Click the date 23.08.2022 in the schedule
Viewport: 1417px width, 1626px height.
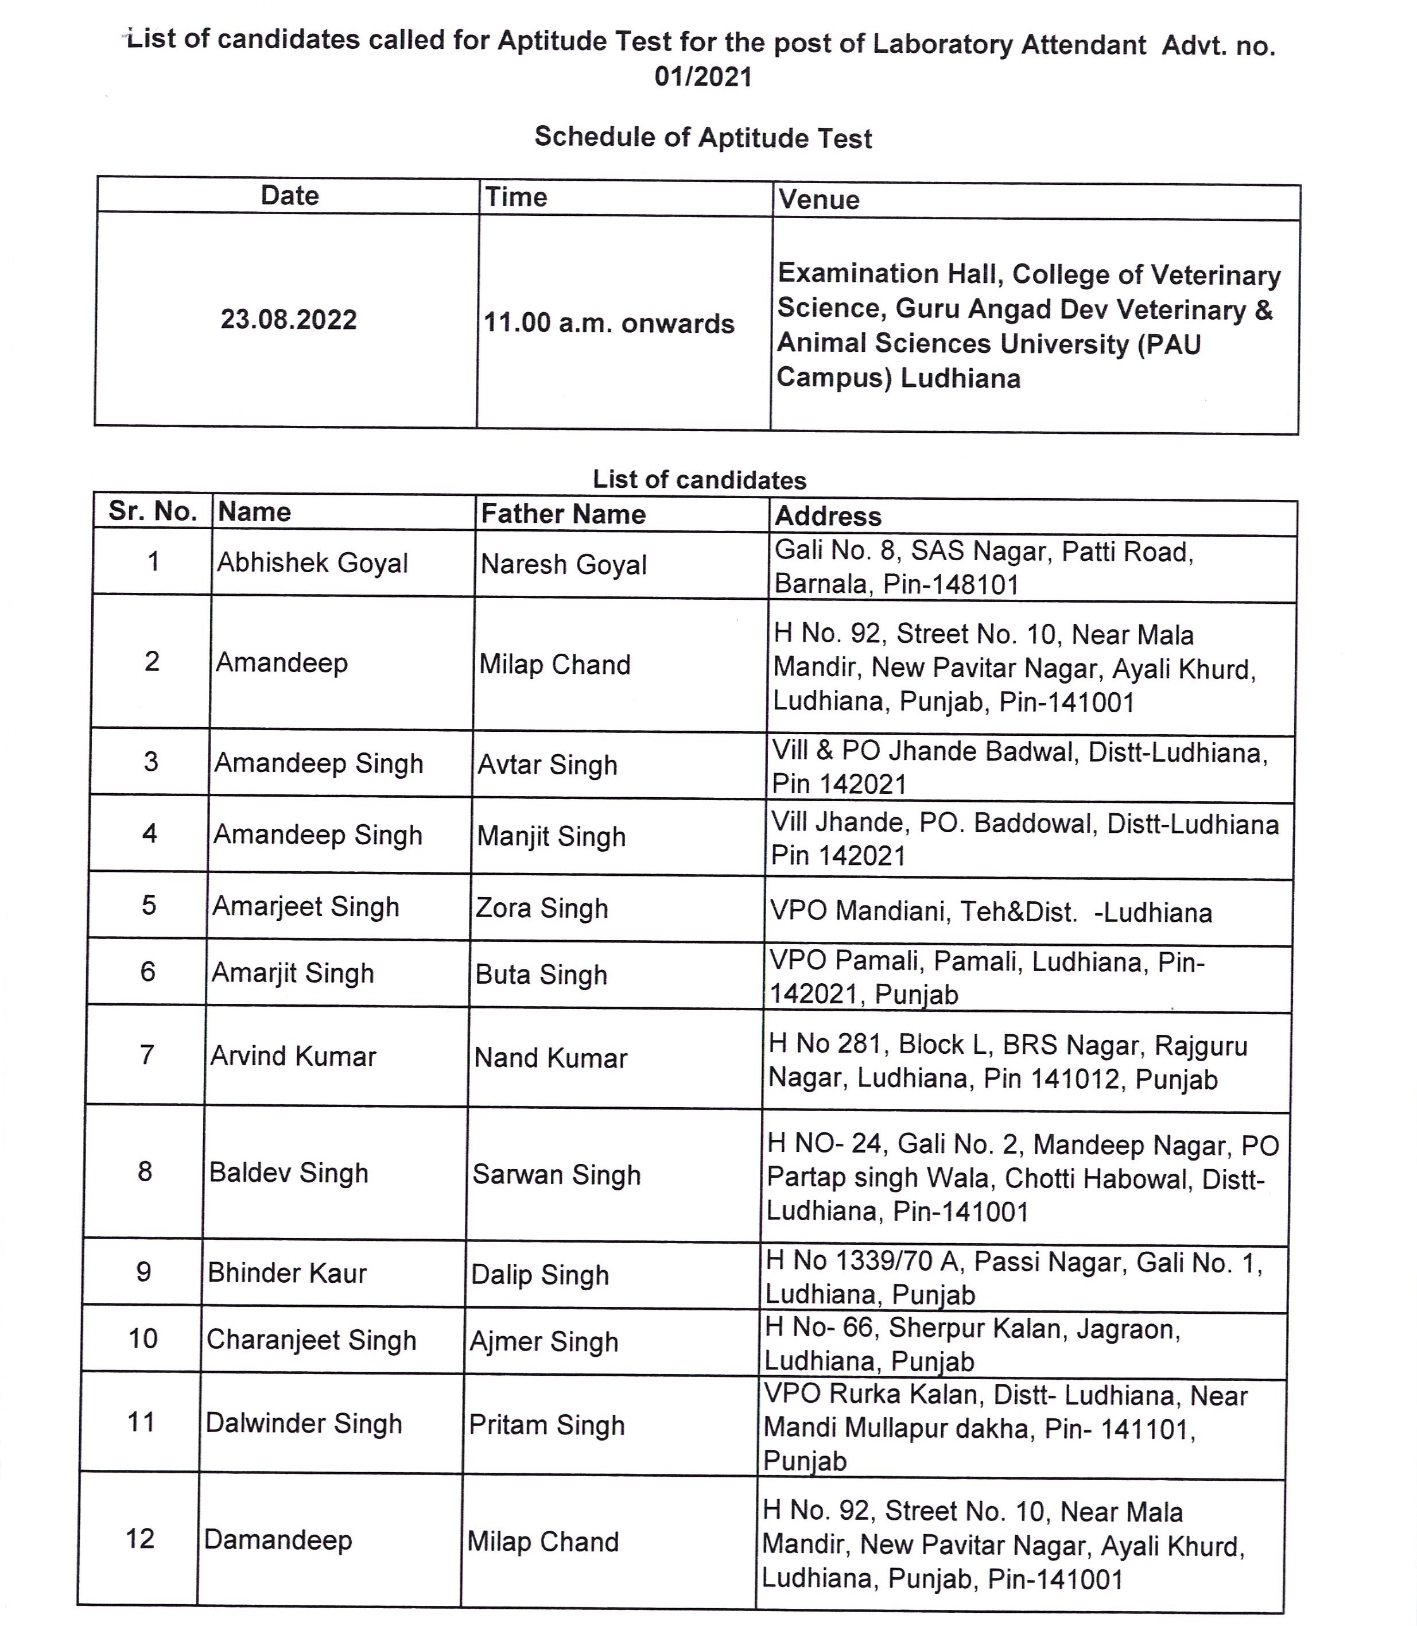[x=289, y=320]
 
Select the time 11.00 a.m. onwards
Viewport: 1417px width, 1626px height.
[x=609, y=324]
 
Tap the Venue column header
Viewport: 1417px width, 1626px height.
[x=818, y=199]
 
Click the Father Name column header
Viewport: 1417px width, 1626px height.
[x=563, y=514]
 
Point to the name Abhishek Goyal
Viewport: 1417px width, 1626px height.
[x=312, y=563]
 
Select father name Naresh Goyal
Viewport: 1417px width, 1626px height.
[x=563, y=565]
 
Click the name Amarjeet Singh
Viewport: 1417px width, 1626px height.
[x=305, y=906]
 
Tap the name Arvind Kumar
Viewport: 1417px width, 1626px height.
[x=293, y=1057]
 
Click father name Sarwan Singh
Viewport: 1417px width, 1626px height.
[x=556, y=1175]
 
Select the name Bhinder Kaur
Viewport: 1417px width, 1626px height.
[x=287, y=1273]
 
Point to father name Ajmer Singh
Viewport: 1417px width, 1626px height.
[x=543, y=1342]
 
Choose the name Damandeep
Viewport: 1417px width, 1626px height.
[x=278, y=1540]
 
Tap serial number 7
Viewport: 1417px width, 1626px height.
[x=147, y=1055]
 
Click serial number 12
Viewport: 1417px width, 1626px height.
[x=140, y=1539]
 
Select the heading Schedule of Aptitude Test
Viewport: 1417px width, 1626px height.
[x=703, y=138]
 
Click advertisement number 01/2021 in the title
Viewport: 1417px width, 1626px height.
[x=703, y=77]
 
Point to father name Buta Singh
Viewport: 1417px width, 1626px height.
[x=541, y=975]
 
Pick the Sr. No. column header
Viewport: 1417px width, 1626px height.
[x=153, y=511]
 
